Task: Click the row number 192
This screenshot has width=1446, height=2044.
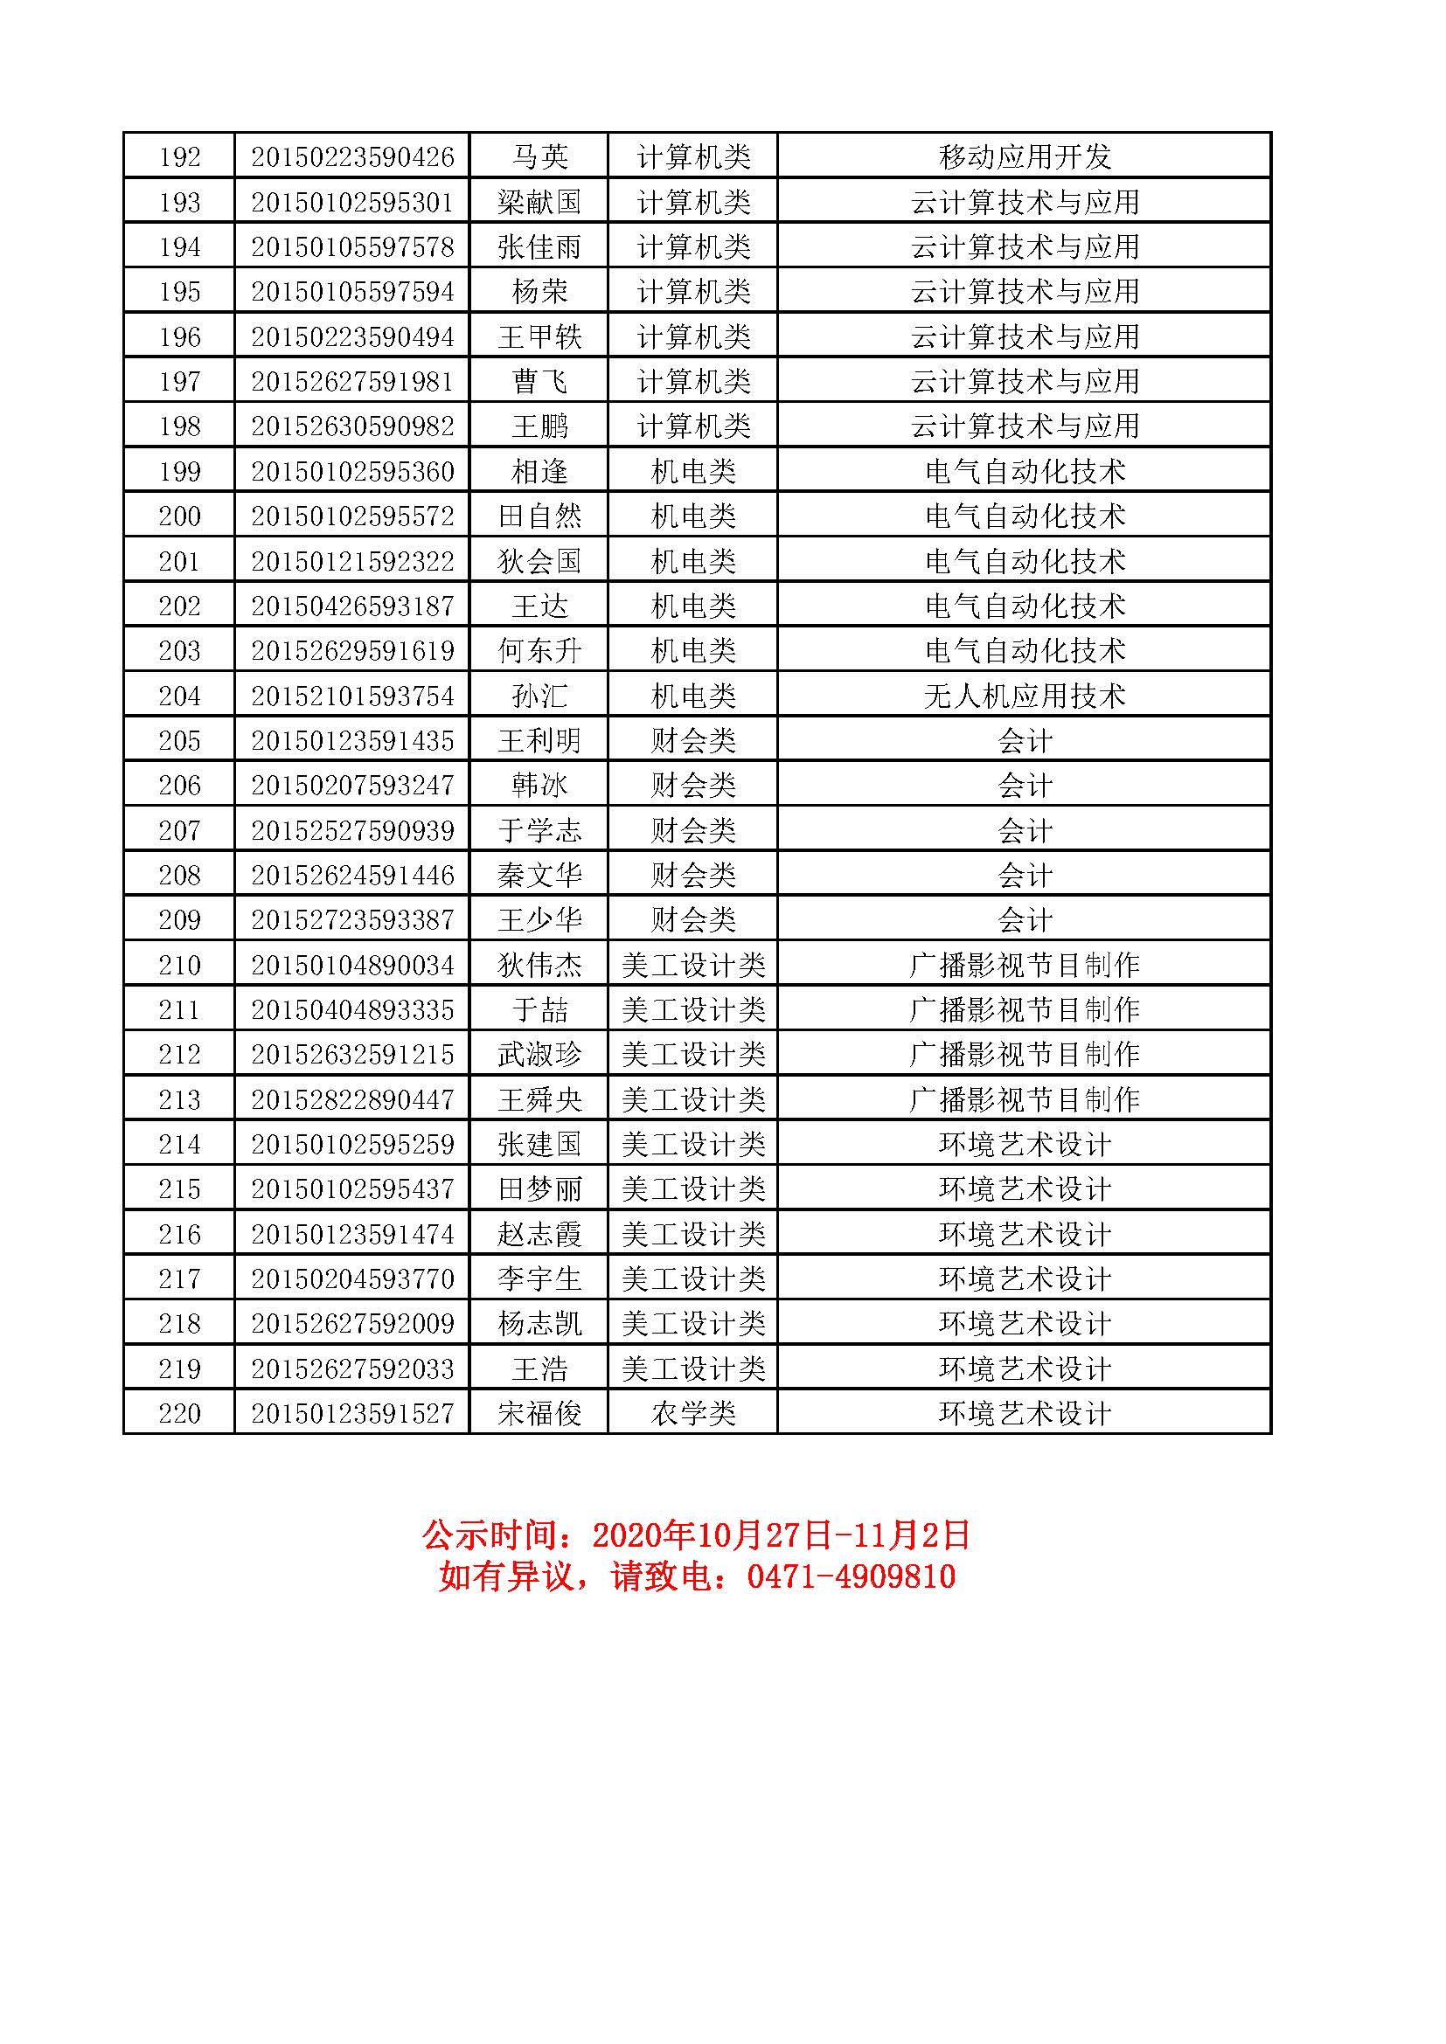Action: click(x=180, y=157)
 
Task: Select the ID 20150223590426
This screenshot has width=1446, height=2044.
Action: click(x=352, y=157)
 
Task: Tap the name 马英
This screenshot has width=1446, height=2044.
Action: click(x=539, y=157)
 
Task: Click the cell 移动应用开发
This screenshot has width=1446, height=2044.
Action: click(x=1025, y=157)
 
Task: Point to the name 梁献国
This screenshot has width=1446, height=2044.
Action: click(x=539, y=202)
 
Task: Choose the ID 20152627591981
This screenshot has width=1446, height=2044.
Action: click(x=352, y=382)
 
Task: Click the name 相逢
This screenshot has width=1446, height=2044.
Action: click(x=539, y=472)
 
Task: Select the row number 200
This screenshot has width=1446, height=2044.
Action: click(x=180, y=516)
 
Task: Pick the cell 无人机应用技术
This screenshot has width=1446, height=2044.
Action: click(x=1025, y=696)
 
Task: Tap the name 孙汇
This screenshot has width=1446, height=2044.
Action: click(x=539, y=696)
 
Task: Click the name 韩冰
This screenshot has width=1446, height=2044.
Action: click(x=539, y=786)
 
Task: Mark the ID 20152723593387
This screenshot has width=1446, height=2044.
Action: click(x=352, y=919)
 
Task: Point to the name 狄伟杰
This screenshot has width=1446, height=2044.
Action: click(x=539, y=965)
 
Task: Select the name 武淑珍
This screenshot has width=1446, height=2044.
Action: click(x=539, y=1055)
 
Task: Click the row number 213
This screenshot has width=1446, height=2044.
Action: click(x=180, y=1099)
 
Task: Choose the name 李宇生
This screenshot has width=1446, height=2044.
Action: click(x=539, y=1279)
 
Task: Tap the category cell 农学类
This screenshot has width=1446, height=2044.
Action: click(x=693, y=1414)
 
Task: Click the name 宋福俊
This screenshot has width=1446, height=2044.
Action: click(x=539, y=1414)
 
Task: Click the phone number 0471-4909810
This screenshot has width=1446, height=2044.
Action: click(x=852, y=1576)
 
